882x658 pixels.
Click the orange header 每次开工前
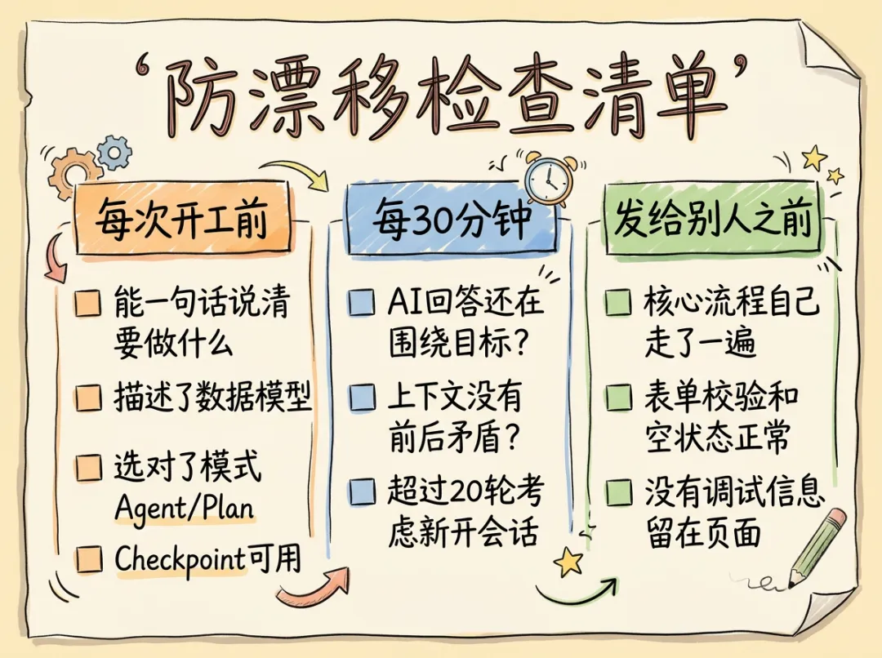[182, 217]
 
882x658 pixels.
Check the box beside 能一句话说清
[87, 304]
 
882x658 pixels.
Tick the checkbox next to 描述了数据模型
[87, 398]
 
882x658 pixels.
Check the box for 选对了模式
[87, 469]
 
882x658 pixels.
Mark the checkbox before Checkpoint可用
[87, 559]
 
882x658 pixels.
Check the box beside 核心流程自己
[618, 304]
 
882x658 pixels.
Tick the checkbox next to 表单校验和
[618, 398]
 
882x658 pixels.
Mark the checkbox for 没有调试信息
[618, 491]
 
